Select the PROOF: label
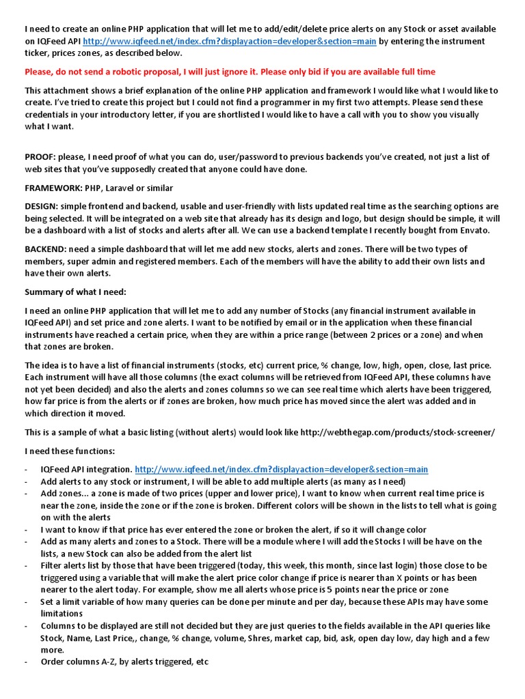point(42,156)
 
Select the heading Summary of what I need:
point(75,291)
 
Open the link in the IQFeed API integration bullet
point(281,469)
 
